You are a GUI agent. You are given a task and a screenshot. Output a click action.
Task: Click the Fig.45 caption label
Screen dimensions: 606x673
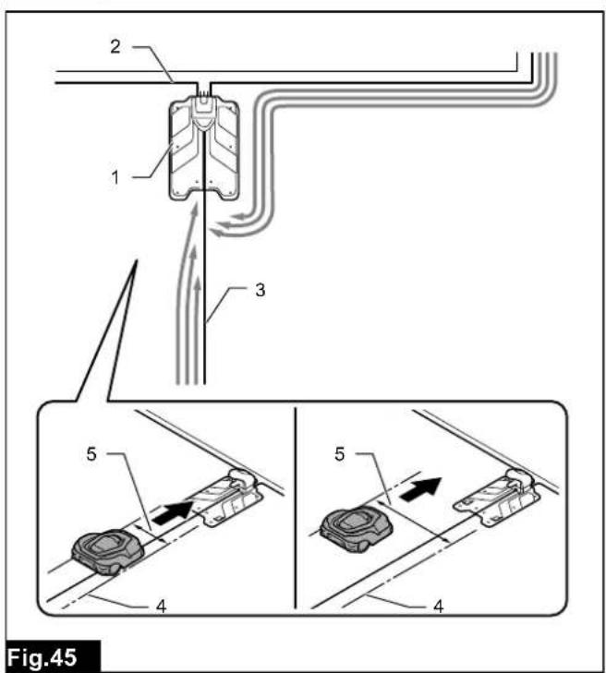tap(42, 656)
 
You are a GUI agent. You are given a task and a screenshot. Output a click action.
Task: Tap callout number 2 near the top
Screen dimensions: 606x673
tap(115, 46)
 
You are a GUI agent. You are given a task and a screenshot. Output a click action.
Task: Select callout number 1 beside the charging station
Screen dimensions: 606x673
tap(115, 177)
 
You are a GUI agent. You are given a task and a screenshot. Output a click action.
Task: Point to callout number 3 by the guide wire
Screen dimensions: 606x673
tap(260, 290)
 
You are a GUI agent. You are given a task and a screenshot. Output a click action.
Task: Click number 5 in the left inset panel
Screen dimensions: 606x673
tap(91, 453)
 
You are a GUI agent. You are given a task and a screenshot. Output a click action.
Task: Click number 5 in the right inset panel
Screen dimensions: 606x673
tap(339, 453)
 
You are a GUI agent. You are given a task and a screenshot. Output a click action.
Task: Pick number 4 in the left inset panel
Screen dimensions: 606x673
tap(161, 607)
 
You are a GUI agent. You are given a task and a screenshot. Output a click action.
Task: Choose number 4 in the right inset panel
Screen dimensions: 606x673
tap(438, 607)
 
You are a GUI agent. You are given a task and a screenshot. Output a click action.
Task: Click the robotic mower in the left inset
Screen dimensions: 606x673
tap(107, 551)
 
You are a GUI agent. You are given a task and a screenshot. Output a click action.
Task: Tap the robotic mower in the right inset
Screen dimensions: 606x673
tap(357, 529)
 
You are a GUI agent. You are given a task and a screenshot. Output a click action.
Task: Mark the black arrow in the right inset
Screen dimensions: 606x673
tap(420, 488)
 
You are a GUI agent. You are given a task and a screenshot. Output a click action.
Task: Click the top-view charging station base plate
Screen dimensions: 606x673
tap(203, 150)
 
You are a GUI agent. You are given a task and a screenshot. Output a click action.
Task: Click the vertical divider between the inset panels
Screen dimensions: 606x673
tap(296, 508)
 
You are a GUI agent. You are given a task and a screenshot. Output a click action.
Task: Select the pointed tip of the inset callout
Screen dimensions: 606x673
tap(137, 259)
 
